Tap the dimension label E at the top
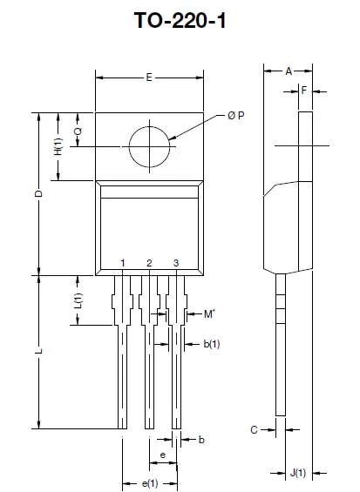pyautogui.click(x=149, y=78)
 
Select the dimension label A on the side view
pyautogui.click(x=289, y=71)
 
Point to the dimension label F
pyautogui.click(x=303, y=89)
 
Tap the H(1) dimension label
pyautogui.click(x=58, y=146)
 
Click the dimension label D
pyautogui.click(x=39, y=194)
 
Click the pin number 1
pyautogui.click(x=124, y=263)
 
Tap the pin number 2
pyautogui.click(x=149, y=263)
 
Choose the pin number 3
pyautogui.click(x=176, y=263)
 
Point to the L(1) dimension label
pyautogui.click(x=78, y=301)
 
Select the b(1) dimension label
pyautogui.click(x=212, y=344)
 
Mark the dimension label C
pyautogui.click(x=253, y=429)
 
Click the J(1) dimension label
pyautogui.click(x=298, y=473)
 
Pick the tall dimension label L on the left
pyautogui.click(x=38, y=352)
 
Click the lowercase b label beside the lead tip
pyautogui.click(x=201, y=441)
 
